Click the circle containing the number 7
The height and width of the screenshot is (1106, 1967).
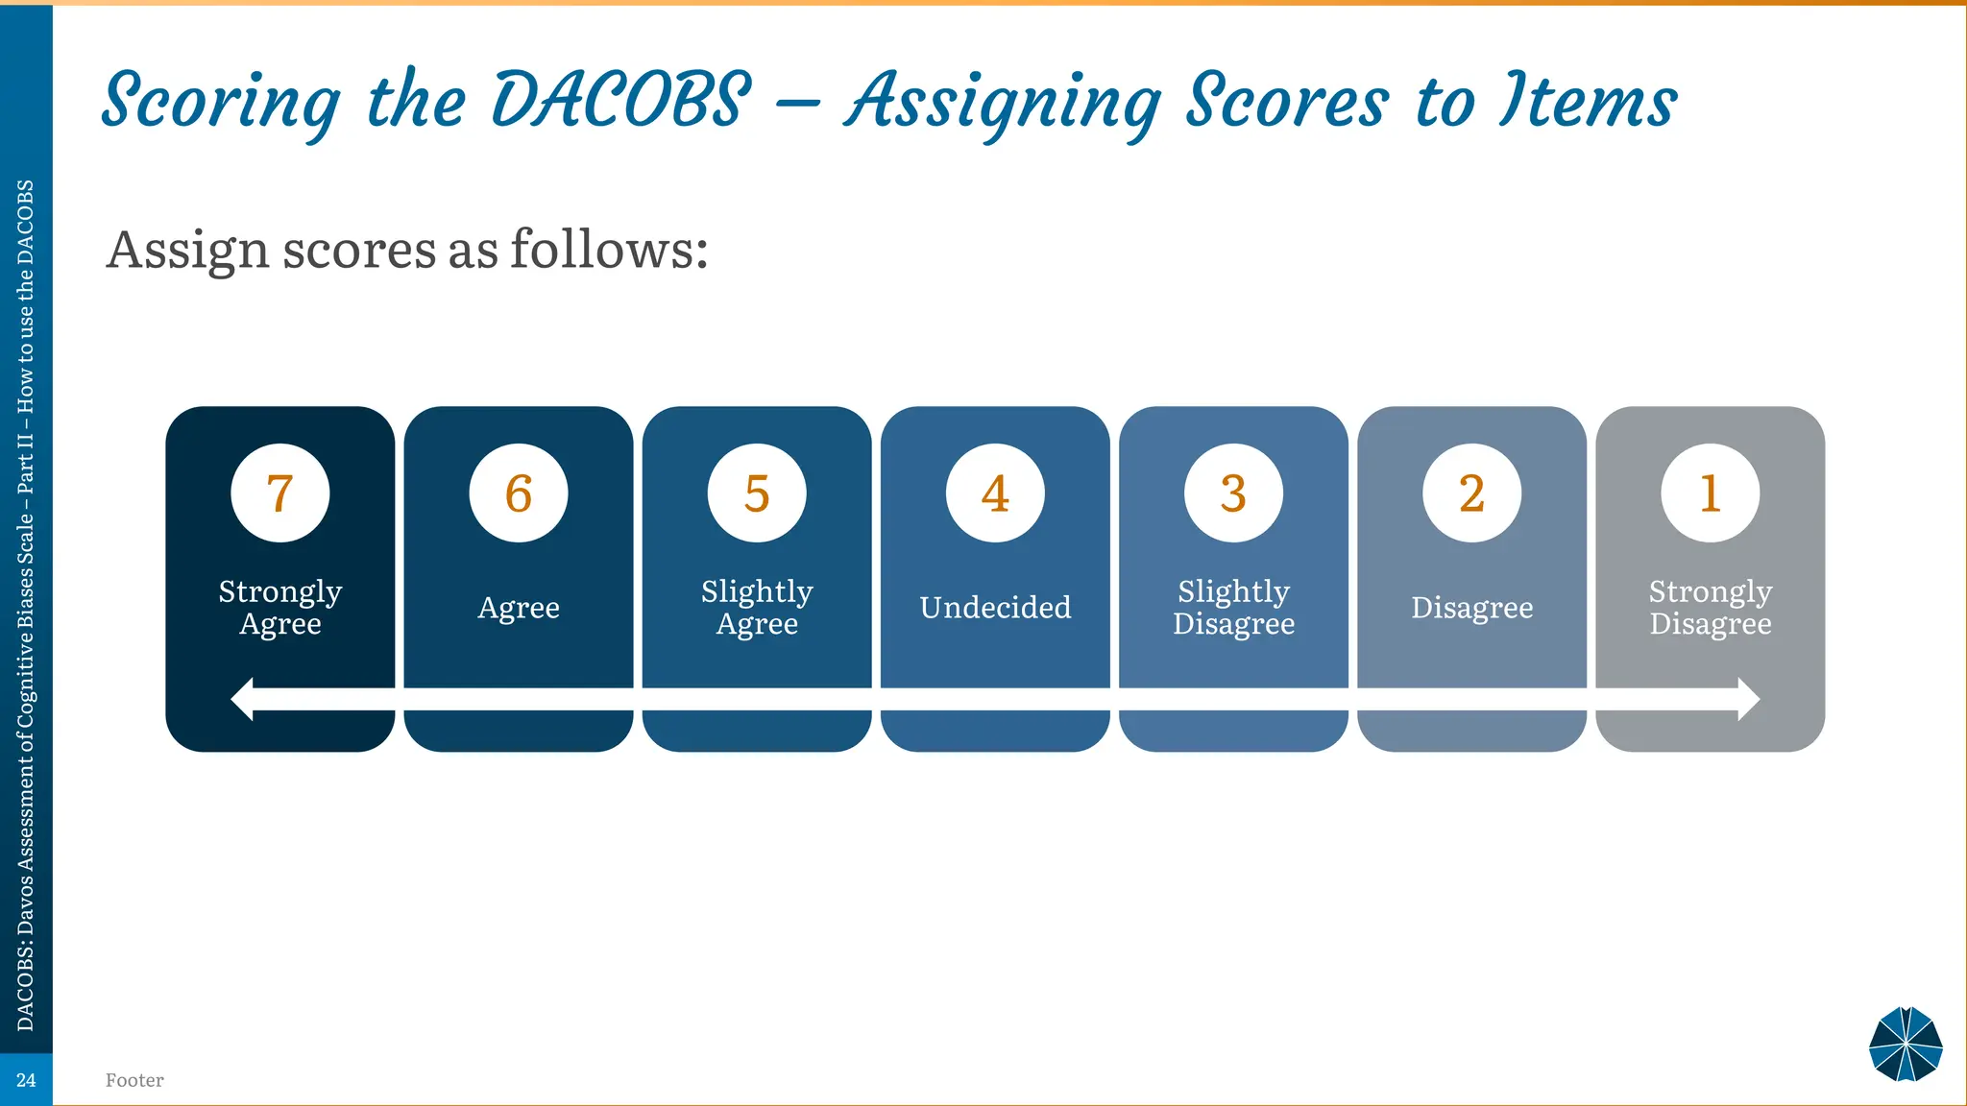pyautogui.click(x=279, y=493)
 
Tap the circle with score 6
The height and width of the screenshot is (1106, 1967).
pyautogui.click(x=519, y=493)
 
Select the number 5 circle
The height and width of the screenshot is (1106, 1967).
pyautogui.click(x=757, y=493)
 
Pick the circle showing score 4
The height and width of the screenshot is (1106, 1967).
pyautogui.click(x=995, y=493)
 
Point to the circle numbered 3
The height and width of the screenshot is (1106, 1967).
pyautogui.click(x=1233, y=493)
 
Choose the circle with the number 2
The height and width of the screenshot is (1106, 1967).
pyautogui.click(x=1471, y=493)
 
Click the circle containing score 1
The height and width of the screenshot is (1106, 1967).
pyautogui.click(x=1710, y=493)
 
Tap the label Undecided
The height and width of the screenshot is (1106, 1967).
pyautogui.click(x=995, y=608)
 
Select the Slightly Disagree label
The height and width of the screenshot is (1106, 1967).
pyautogui.click(x=1233, y=608)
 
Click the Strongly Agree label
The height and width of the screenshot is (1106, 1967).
pyautogui.click(x=279, y=608)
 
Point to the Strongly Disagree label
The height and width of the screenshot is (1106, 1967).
pyautogui.click(x=1710, y=608)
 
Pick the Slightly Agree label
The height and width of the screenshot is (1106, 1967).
pyautogui.click(x=757, y=608)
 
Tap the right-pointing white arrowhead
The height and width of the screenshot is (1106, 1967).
pyautogui.click(x=1748, y=699)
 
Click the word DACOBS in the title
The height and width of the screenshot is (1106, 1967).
pyautogui.click(x=621, y=101)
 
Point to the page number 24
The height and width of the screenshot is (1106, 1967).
pyautogui.click(x=26, y=1080)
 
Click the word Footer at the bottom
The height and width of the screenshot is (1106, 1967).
pyautogui.click(x=134, y=1080)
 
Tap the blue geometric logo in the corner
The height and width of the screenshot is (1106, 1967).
pyautogui.click(x=1906, y=1044)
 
